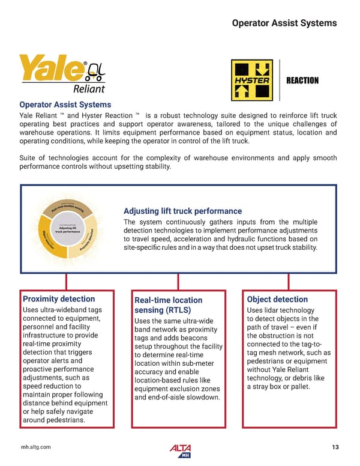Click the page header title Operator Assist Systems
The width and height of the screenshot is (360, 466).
284,23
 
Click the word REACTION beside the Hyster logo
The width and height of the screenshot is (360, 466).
302,80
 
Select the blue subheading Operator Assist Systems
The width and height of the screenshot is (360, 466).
65,104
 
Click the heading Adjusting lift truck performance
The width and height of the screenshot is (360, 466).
182,211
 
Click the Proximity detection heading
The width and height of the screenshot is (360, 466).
59,298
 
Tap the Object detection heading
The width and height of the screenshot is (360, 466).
277,299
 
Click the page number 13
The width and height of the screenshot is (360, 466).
335,447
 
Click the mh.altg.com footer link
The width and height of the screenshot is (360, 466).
36,447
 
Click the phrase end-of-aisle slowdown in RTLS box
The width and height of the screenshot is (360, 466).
178,397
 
